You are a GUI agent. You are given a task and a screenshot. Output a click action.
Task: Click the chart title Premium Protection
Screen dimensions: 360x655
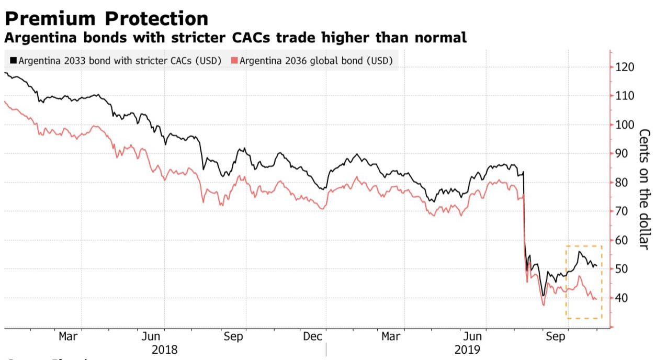106,18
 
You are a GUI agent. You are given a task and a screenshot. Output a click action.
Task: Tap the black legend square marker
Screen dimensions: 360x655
13,60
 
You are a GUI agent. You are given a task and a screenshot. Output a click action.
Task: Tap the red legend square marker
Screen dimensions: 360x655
235,60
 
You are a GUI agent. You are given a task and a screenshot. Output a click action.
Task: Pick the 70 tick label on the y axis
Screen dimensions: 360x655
622,211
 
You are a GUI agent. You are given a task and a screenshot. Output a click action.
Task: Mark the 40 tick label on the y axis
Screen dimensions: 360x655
622,298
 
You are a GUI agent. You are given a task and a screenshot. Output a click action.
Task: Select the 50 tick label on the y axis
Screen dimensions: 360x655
622,269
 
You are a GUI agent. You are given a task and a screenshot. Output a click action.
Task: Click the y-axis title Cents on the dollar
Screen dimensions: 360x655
645,188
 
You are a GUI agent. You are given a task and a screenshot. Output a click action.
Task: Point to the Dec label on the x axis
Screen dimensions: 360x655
313,336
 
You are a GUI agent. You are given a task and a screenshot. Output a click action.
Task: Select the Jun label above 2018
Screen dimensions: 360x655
151,336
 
